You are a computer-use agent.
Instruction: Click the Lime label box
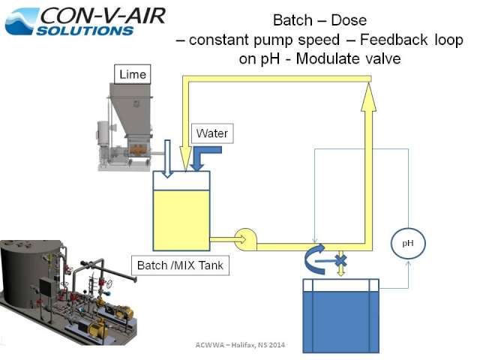point(132,74)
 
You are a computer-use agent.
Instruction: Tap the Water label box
point(212,133)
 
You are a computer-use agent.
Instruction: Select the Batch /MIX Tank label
point(180,265)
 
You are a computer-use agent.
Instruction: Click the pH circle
point(408,243)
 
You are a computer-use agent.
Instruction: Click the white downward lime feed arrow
point(167,158)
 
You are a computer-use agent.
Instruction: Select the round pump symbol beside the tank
point(246,239)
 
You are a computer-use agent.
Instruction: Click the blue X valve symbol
point(341,261)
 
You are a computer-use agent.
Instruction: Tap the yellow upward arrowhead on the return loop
point(368,97)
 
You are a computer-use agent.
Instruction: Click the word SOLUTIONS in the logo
point(85,31)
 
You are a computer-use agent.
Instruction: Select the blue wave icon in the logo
point(22,22)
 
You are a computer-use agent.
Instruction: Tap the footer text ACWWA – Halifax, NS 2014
point(240,345)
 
